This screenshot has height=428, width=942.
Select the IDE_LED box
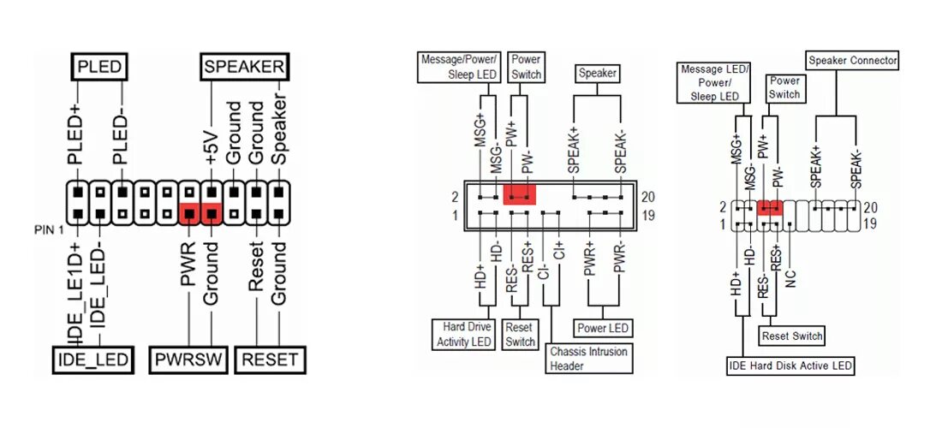(93, 360)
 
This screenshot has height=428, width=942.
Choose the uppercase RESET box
(269, 360)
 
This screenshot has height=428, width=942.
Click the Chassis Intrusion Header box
(588, 359)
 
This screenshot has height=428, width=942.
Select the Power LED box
(604, 328)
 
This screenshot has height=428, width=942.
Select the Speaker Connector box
(852, 61)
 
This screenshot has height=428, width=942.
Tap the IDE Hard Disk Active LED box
(790, 366)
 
